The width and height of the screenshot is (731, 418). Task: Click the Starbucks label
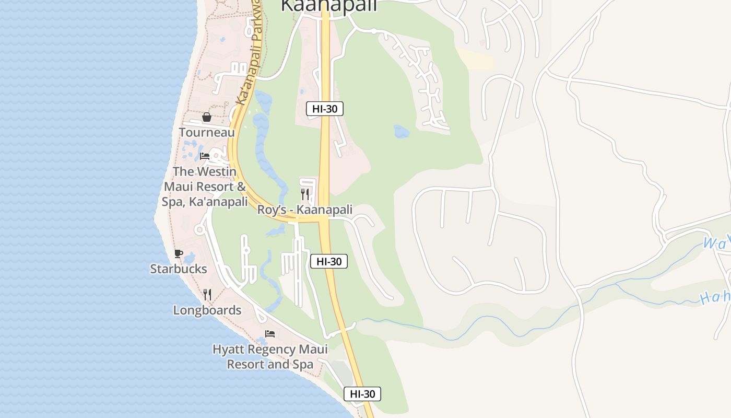pos(179,269)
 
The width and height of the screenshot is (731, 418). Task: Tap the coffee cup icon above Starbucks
pos(178,254)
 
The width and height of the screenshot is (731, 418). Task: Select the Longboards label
pos(207,310)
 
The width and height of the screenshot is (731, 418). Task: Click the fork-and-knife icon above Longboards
pos(207,295)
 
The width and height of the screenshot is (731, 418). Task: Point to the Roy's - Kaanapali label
pos(305,210)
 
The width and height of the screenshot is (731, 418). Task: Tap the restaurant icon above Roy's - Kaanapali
pos(305,195)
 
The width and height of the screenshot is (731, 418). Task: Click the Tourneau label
pos(207,133)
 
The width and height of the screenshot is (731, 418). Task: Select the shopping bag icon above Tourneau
pos(207,117)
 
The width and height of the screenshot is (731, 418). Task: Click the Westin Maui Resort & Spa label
pos(205,187)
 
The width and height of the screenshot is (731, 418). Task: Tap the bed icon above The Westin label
pos(205,156)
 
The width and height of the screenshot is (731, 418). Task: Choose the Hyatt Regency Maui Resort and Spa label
pos(270,357)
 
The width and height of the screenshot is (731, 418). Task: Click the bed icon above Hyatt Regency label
pos(270,334)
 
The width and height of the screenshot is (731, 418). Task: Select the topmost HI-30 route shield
pos(325,109)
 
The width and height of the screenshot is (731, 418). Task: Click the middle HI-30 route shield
pos(329,262)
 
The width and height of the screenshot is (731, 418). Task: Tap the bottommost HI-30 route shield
pos(362,394)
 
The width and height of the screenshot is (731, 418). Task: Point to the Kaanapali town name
pos(329,5)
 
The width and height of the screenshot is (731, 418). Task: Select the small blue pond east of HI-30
pos(402,132)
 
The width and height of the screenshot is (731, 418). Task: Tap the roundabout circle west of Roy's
pos(199,229)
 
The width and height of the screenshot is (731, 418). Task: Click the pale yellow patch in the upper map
pos(476,59)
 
